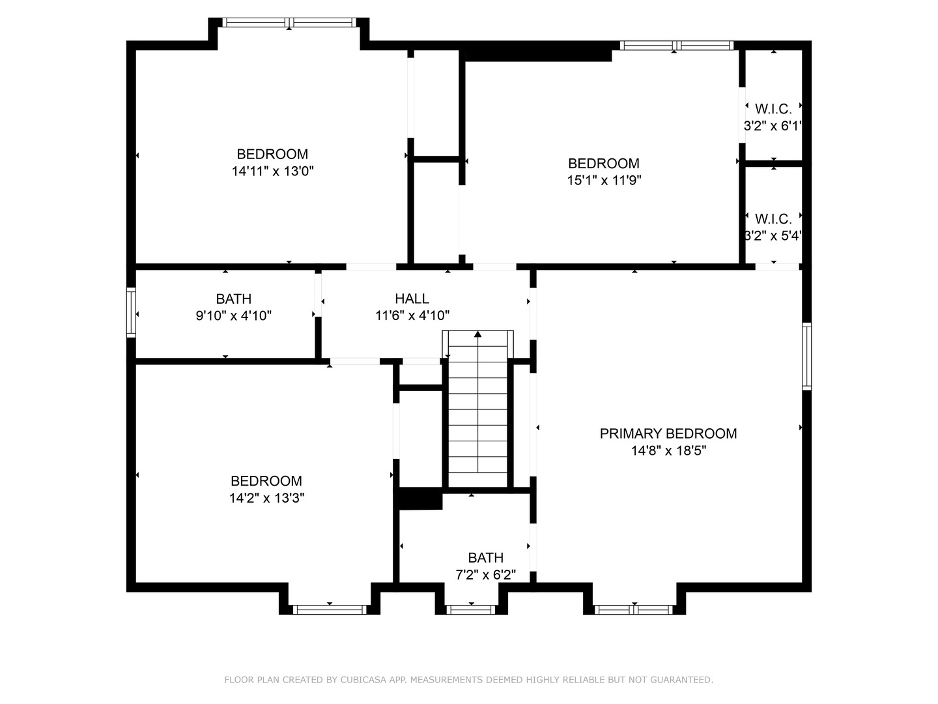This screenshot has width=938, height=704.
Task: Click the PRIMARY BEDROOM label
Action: click(x=668, y=433)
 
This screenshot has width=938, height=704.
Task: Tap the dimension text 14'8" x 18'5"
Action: click(x=668, y=450)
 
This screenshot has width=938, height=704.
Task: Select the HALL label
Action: click(x=412, y=299)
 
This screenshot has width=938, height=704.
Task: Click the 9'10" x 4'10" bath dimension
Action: click(x=233, y=316)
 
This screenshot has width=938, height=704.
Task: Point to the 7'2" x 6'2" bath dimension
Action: click(x=485, y=575)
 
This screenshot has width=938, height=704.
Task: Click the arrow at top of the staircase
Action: click(x=478, y=334)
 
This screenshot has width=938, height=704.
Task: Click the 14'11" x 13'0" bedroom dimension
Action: click(x=272, y=171)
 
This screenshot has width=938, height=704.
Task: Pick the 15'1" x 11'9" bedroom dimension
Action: click(x=604, y=181)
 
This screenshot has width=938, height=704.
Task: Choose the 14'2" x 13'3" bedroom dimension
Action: click(x=266, y=498)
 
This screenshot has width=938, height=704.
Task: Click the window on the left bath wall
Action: click(x=131, y=313)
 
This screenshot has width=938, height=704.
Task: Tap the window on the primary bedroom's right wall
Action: click(x=806, y=356)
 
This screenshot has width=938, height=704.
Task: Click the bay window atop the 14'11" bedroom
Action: click(x=289, y=23)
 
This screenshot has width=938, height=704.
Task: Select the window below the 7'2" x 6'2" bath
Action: click(x=471, y=610)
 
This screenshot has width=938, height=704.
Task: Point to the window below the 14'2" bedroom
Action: click(x=330, y=610)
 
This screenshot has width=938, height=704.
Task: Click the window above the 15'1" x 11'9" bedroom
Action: click(x=676, y=46)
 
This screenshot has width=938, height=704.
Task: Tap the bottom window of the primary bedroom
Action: click(x=634, y=610)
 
